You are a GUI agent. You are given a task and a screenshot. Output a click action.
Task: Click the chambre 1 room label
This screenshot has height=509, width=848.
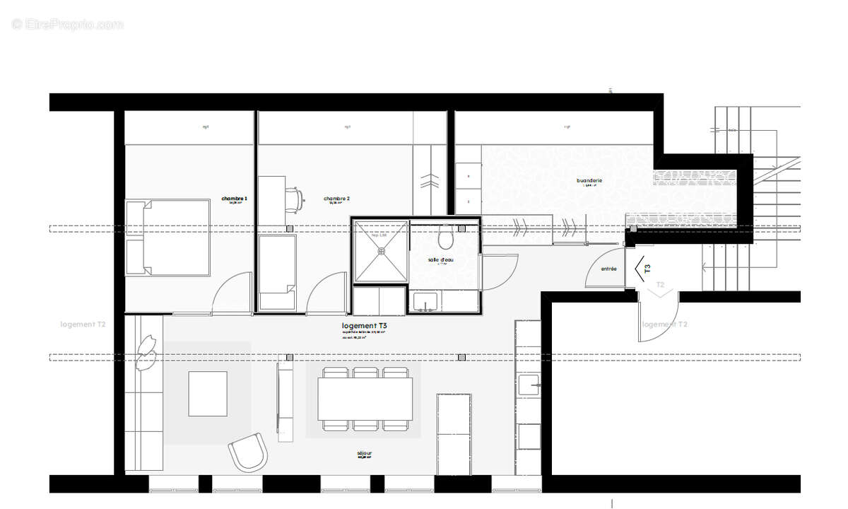[x=234, y=199]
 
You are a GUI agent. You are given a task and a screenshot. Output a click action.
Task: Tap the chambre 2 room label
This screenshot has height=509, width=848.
[x=337, y=199]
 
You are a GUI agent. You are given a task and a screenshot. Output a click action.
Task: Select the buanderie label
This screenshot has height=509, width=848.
[x=589, y=181]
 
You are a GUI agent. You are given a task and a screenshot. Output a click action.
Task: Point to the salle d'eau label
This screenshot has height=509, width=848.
[x=441, y=260]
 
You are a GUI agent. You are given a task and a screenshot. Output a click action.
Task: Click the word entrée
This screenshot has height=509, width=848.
[x=608, y=269]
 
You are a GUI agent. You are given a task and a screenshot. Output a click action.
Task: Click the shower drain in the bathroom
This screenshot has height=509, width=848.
[x=382, y=250]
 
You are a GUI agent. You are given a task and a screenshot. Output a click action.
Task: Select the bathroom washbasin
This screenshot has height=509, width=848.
[x=426, y=302]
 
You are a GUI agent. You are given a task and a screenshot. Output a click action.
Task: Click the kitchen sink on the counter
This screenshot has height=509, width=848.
[x=529, y=385]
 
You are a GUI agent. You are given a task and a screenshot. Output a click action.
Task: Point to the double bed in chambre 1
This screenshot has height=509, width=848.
[x=168, y=238]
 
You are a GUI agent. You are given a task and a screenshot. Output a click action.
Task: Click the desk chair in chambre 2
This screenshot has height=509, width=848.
[x=298, y=198]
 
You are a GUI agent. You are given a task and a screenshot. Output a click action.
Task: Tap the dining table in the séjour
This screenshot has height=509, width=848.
[x=365, y=399]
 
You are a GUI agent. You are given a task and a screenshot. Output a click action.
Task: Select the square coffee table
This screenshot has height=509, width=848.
[x=208, y=394]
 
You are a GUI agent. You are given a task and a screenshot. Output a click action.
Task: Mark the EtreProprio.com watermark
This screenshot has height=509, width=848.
[x=67, y=24]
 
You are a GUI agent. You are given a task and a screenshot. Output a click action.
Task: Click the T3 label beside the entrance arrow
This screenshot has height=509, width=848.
[x=647, y=269]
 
